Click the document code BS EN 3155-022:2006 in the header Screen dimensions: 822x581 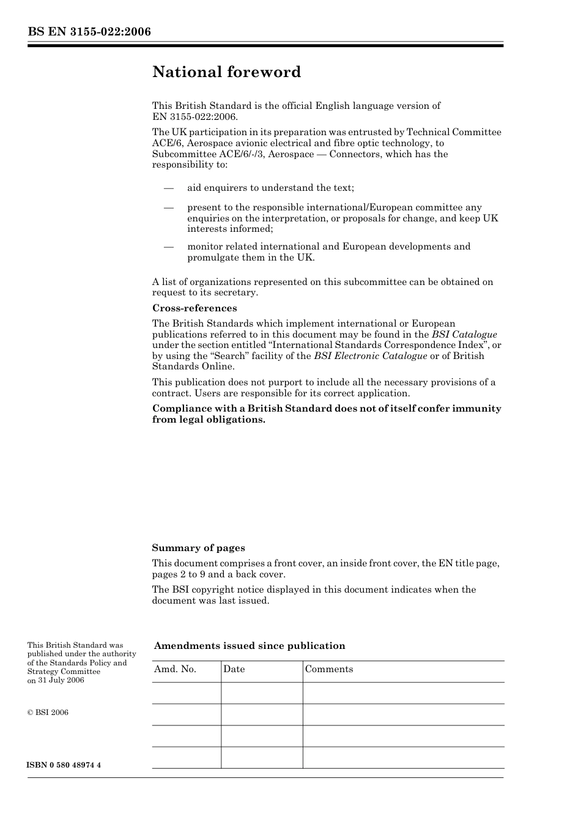pyautogui.click(x=89, y=32)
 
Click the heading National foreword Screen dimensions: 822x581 pyautogui.click(x=226, y=72)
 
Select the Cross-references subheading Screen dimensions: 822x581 pyautogui.click(x=194, y=308)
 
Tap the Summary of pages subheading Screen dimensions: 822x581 pyautogui.click(x=198, y=548)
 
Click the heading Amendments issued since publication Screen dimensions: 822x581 pyautogui.click(x=250, y=646)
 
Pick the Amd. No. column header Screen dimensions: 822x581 pyautogui.click(x=175, y=669)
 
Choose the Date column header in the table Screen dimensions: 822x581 pyautogui.click(x=234, y=669)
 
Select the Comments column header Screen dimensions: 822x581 pyautogui.click(x=329, y=669)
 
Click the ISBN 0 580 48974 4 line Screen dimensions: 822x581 pyautogui.click(x=64, y=765)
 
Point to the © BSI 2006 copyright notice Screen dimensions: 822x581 pyautogui.click(x=48, y=713)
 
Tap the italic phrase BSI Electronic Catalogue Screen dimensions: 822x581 pyautogui.click(x=371, y=356)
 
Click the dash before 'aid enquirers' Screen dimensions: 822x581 pyautogui.click(x=169, y=188)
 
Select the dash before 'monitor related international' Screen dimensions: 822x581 pyautogui.click(x=169, y=246)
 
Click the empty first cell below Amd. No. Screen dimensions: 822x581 pyautogui.click(x=186, y=693)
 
